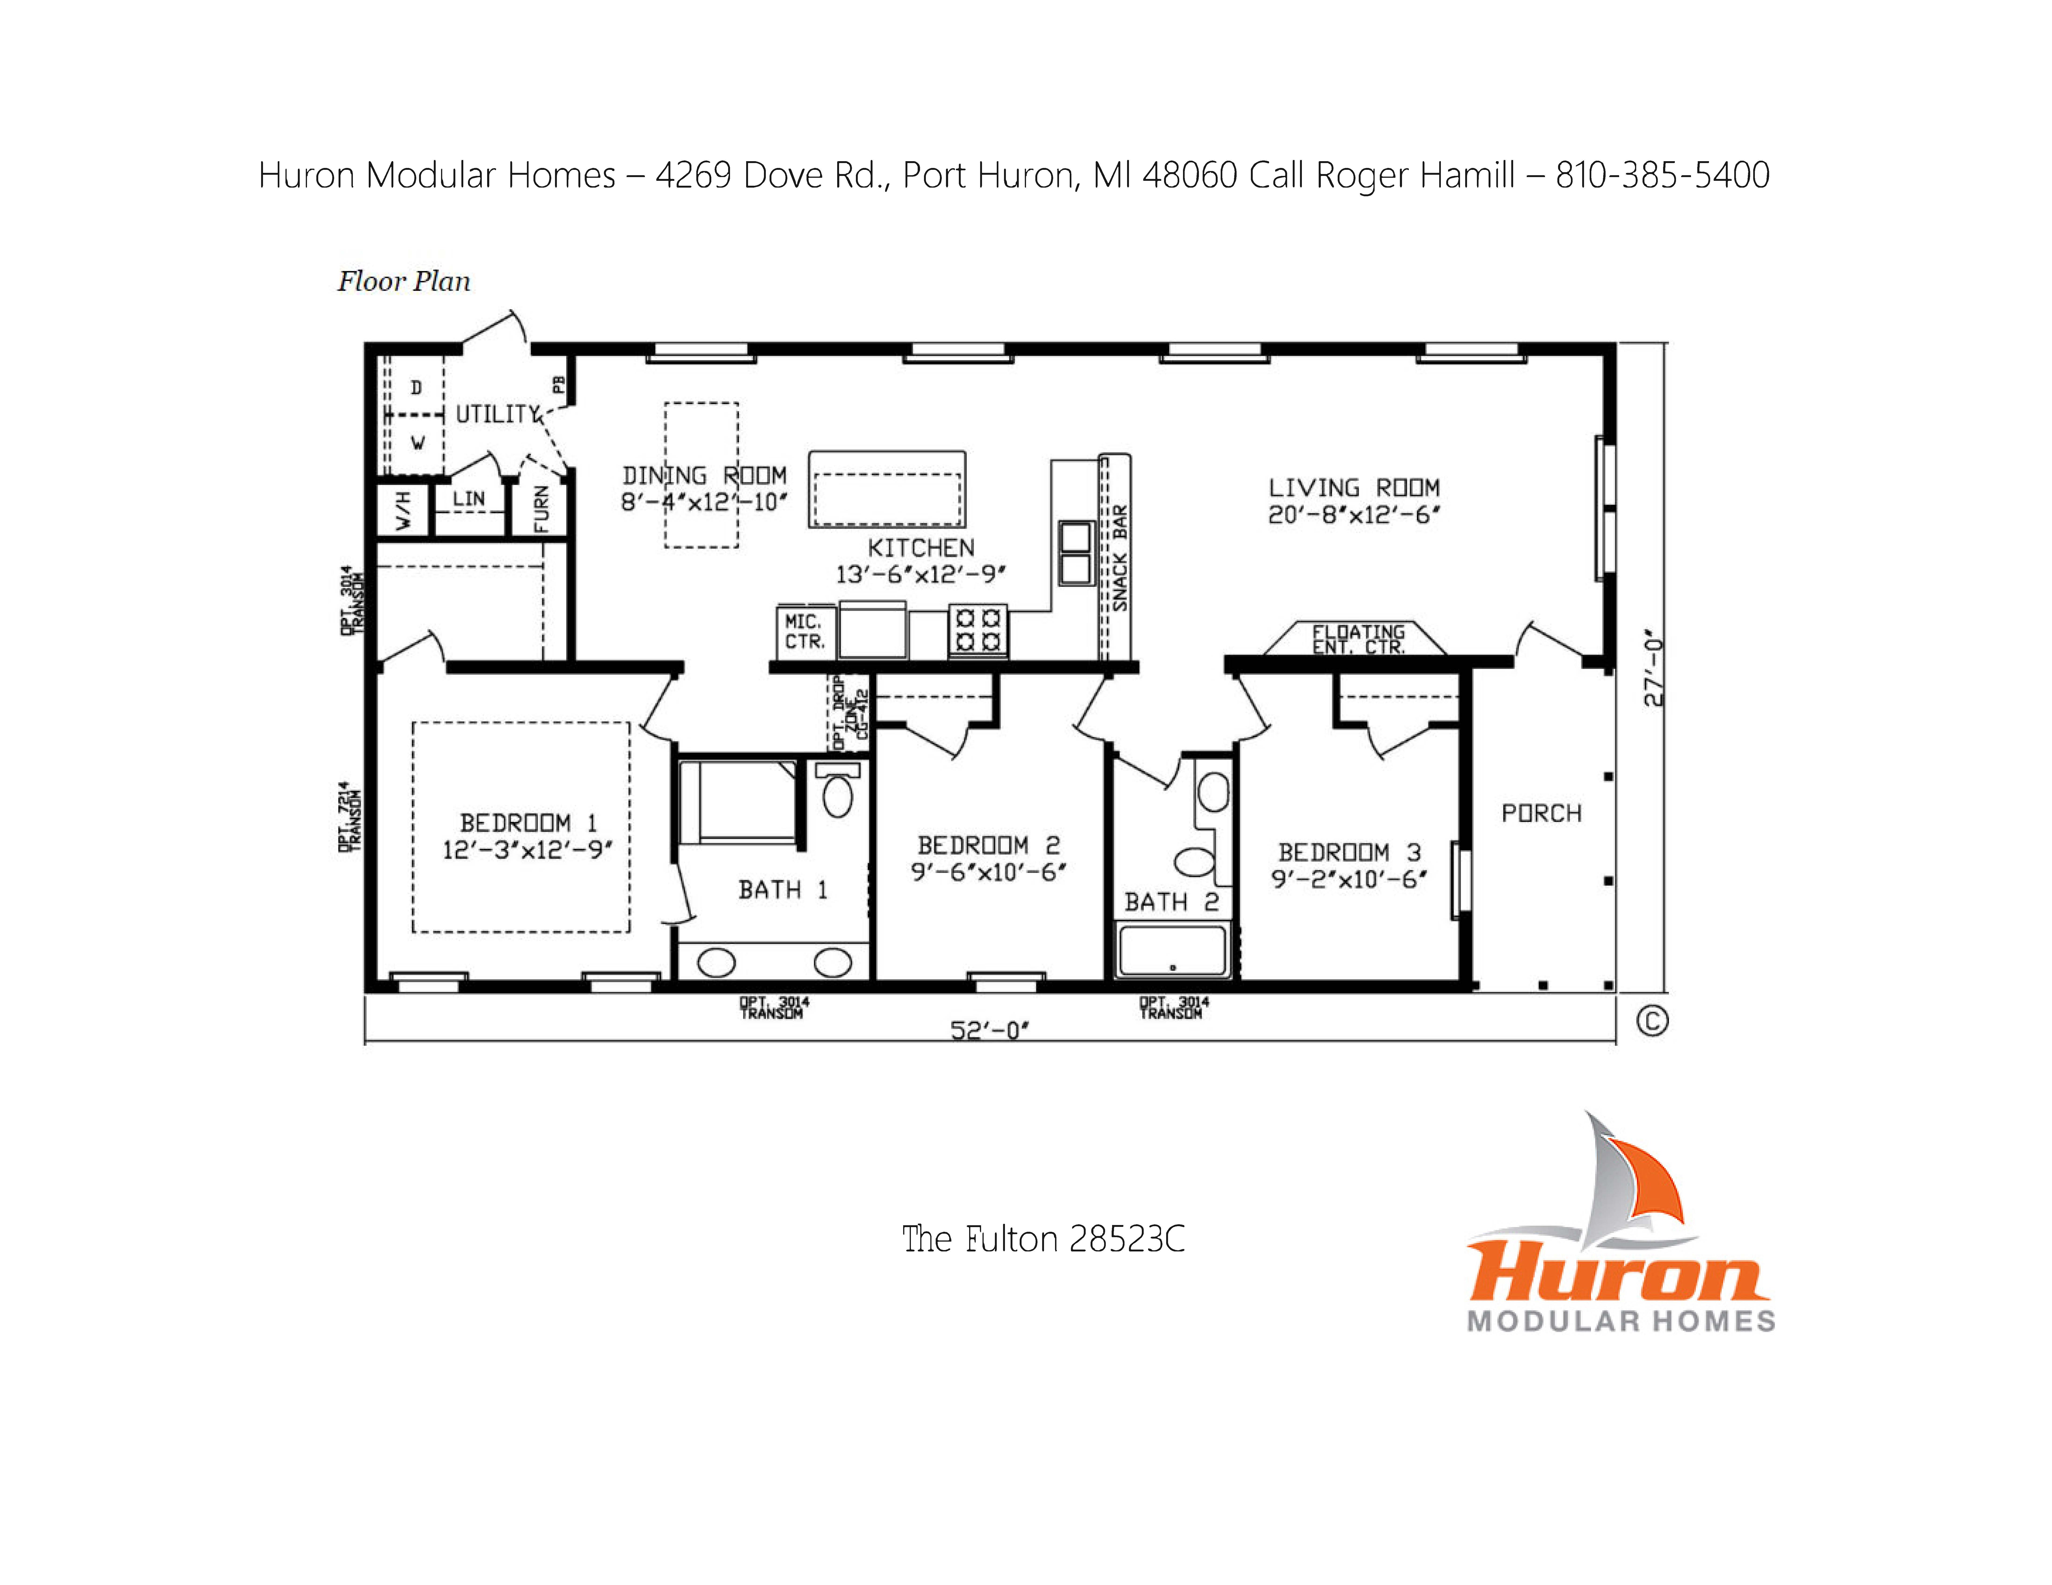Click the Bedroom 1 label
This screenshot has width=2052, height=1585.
pos(528,823)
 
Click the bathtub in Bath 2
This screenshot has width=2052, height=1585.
pos(1172,950)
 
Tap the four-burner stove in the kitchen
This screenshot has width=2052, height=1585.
pos(977,629)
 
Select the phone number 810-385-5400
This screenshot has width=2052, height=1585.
pos(1662,175)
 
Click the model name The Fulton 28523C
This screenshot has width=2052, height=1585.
pos(1043,1239)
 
